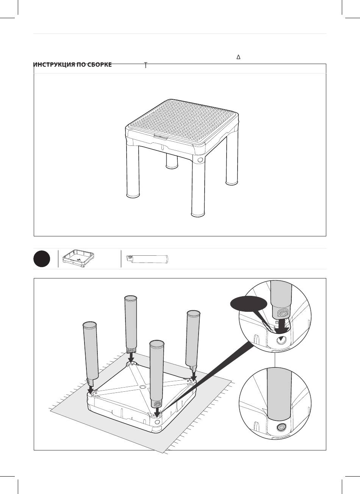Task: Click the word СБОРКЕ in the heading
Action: point(100,65)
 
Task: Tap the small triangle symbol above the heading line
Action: point(238,57)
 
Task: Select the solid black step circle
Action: point(42,259)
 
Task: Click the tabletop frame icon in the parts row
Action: point(78,258)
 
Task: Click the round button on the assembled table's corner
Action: point(200,159)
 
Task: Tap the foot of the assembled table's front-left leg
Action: point(133,195)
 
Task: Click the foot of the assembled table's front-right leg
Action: point(198,214)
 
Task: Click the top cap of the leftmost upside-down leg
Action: point(90,325)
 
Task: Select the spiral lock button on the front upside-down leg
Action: point(157,404)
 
